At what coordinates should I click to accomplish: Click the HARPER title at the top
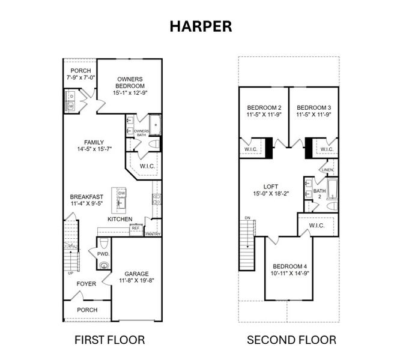pyautogui.click(x=201, y=26)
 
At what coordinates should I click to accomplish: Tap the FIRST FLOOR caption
pyautogui.click(x=109, y=340)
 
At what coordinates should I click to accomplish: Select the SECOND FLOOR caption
pyautogui.click(x=291, y=340)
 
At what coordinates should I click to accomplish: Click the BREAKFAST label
pyautogui.click(x=87, y=197)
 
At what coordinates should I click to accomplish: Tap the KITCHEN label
pyautogui.click(x=120, y=220)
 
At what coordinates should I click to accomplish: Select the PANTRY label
pyautogui.click(x=153, y=234)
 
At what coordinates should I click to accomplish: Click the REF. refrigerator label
pyautogui.click(x=136, y=228)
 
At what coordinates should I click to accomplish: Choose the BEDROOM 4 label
pyautogui.click(x=289, y=266)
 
